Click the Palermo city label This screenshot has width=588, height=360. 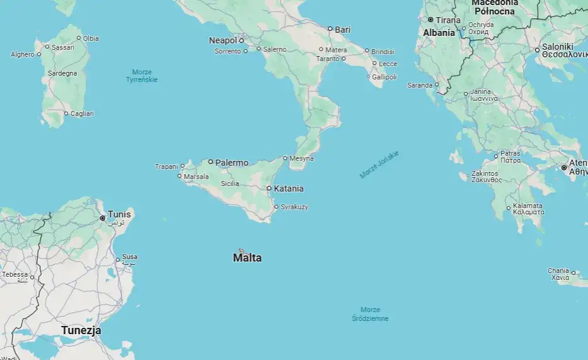(231, 163)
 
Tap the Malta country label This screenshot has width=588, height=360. (247, 258)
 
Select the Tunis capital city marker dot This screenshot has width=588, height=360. (103, 218)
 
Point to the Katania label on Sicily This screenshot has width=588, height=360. (289, 189)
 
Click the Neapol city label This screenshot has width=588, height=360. (222, 40)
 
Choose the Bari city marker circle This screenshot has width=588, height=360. (330, 28)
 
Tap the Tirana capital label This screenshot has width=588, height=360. (448, 20)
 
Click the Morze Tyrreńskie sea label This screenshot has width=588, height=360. (142, 76)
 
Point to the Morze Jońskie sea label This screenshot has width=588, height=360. (379, 165)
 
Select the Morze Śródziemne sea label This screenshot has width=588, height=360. (370, 314)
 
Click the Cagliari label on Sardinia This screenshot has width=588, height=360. (82, 113)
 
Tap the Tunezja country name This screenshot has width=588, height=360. (81, 330)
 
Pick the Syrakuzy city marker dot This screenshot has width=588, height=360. (275, 207)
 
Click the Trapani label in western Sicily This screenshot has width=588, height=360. (166, 166)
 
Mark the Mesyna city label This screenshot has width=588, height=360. (302, 158)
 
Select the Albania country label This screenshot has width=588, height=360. (439, 33)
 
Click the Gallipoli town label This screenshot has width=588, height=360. (384, 77)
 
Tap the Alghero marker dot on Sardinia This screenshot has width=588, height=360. (39, 54)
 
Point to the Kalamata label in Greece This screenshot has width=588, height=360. (528, 209)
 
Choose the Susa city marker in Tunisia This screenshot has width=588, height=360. (118, 260)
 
